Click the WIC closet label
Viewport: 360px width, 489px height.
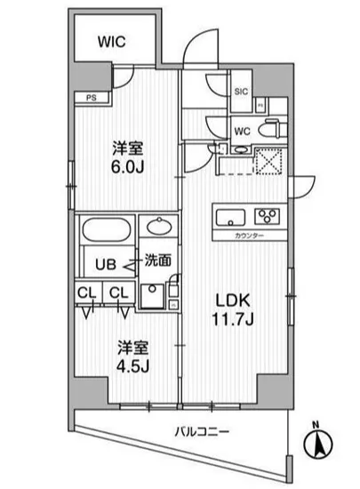tap(112, 40)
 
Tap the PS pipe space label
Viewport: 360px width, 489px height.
tap(91, 97)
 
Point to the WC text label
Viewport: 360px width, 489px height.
tap(241, 129)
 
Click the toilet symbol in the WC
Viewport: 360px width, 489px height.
tap(271, 128)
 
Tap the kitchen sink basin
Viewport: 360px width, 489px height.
tap(229, 215)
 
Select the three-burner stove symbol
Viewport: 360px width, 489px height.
tap(267, 215)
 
